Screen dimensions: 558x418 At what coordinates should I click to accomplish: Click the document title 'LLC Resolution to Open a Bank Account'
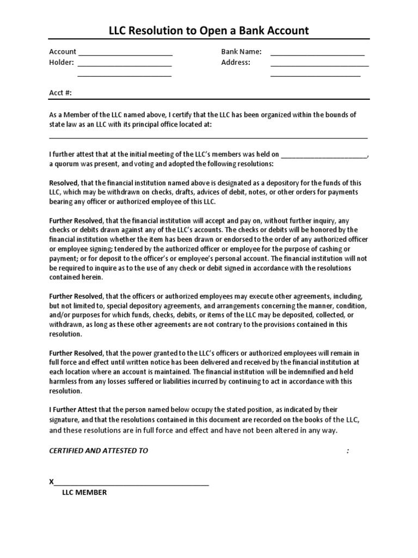click(209, 31)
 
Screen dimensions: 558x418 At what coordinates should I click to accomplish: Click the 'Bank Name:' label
click(241, 52)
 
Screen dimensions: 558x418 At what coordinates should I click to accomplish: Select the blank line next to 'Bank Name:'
click(317, 54)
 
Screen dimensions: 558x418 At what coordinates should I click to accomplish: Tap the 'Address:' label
click(236, 63)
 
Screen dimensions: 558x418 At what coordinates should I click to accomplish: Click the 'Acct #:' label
click(60, 93)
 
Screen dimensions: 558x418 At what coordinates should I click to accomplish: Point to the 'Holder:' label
click(62, 63)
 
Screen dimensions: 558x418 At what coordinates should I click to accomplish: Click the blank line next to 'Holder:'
click(125, 65)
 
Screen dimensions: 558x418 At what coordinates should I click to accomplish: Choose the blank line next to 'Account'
click(125, 54)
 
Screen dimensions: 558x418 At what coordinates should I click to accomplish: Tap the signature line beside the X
click(131, 484)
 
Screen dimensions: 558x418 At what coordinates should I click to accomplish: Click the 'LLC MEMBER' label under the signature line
click(84, 493)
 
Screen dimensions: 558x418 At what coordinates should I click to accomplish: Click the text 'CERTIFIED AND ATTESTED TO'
click(99, 451)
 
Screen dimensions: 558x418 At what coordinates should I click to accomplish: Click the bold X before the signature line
click(52, 482)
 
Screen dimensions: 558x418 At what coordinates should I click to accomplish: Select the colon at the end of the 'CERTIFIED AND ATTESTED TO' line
click(347, 451)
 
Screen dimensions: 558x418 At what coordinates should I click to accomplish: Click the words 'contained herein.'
click(76, 277)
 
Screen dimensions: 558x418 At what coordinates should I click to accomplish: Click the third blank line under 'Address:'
click(315, 76)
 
